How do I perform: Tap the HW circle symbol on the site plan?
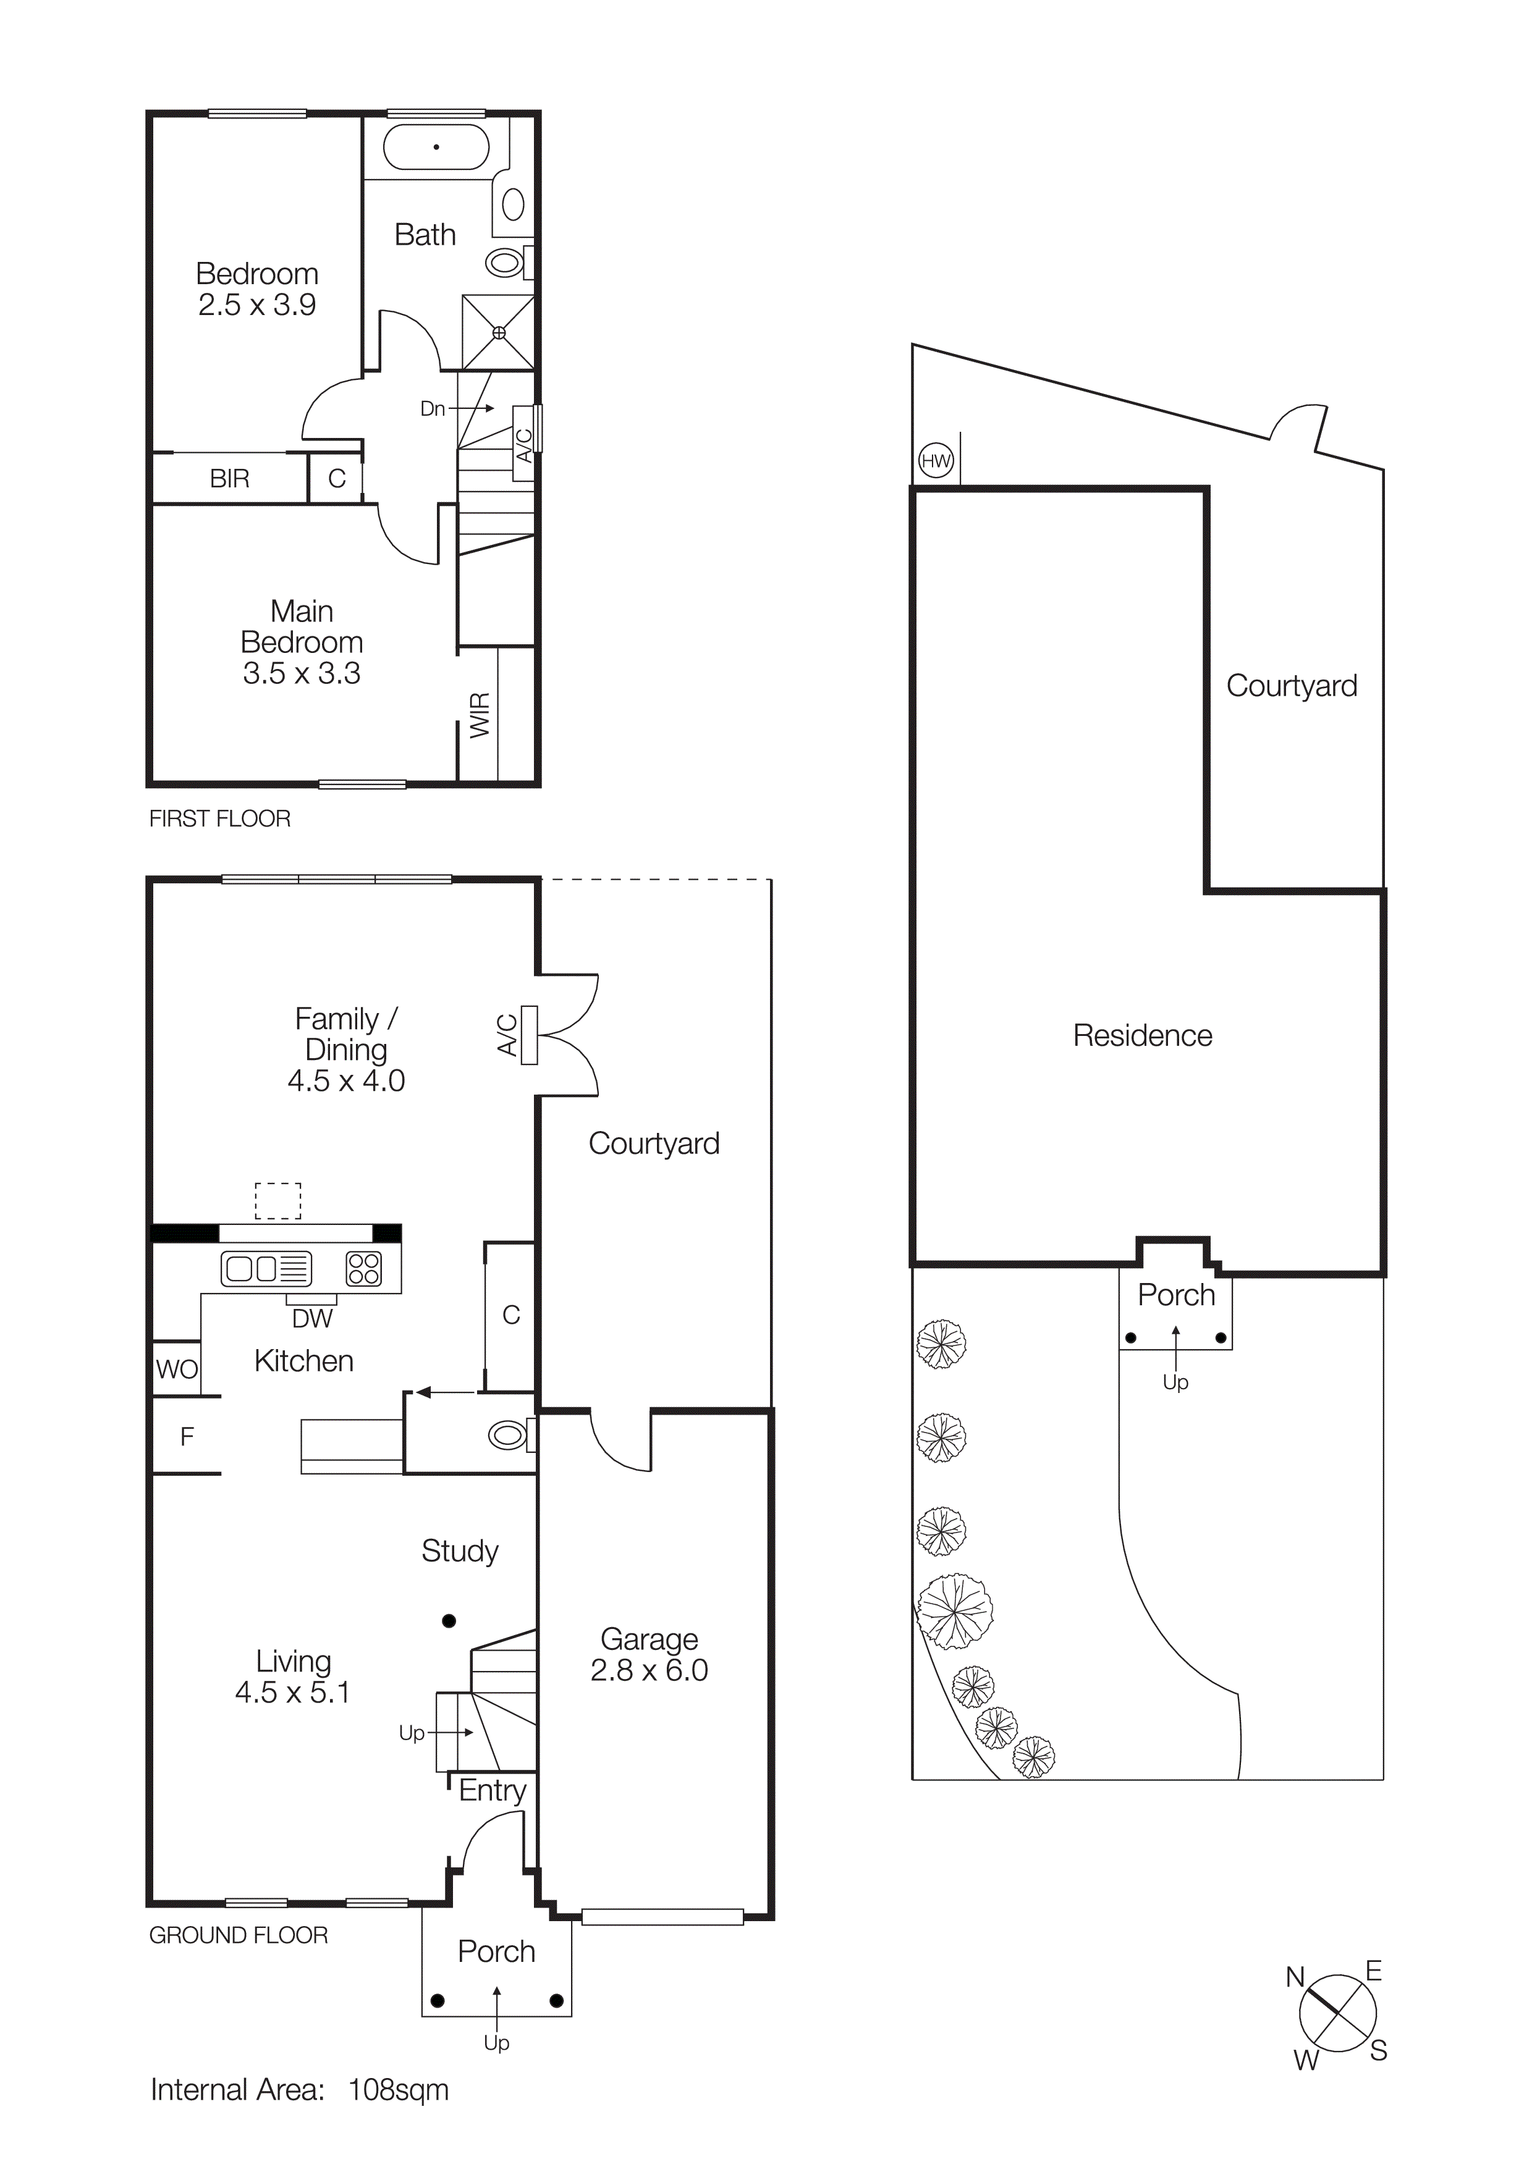(936, 461)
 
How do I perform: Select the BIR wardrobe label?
(229, 479)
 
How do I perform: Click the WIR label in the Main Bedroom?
(480, 715)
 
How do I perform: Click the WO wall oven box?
(177, 1368)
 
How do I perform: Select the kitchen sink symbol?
(265, 1268)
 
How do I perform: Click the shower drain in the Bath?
(498, 332)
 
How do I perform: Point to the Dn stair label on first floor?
(433, 409)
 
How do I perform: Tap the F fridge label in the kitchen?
(187, 1436)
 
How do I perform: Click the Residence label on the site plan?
(1142, 1035)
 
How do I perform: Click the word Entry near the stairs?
(492, 1790)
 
